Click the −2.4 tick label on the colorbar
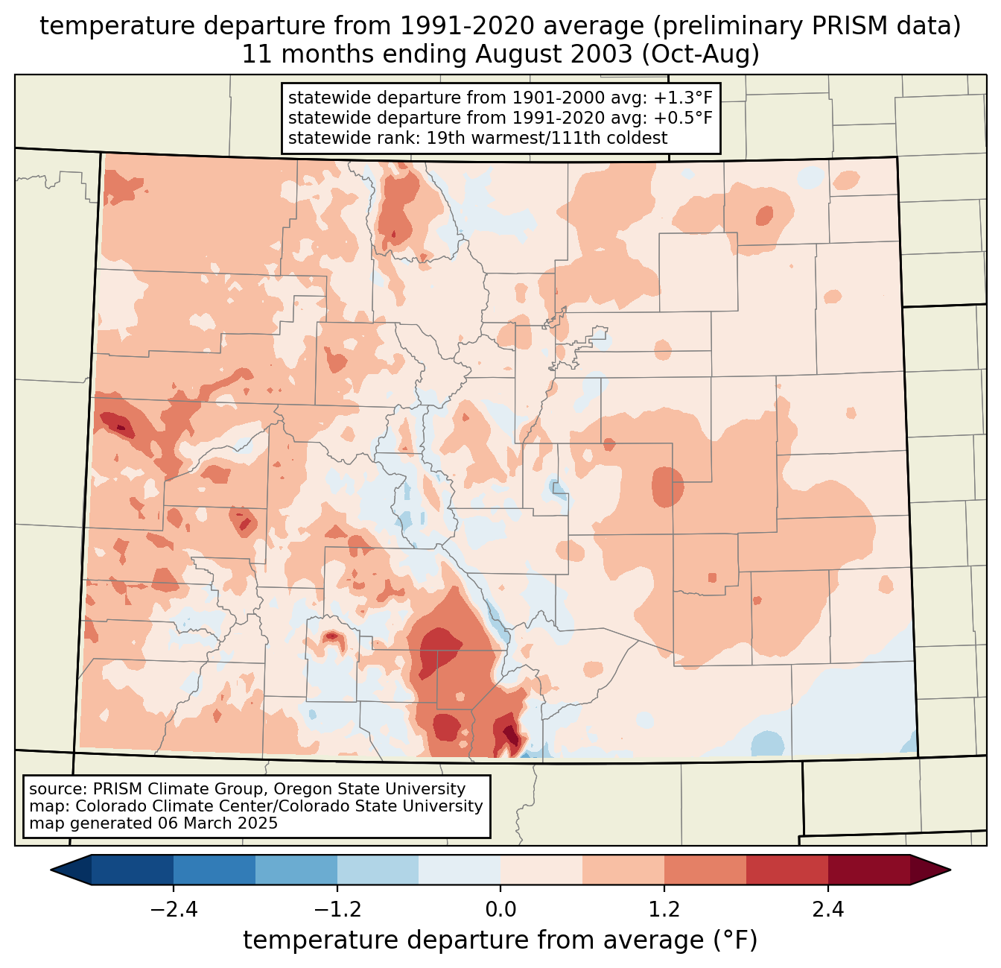174,910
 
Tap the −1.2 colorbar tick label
337,910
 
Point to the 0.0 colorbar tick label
500,910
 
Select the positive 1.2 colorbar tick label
664,910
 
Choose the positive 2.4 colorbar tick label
828,910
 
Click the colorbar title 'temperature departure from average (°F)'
500,940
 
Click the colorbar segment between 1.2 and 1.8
705,870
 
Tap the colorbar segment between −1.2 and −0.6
378,870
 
